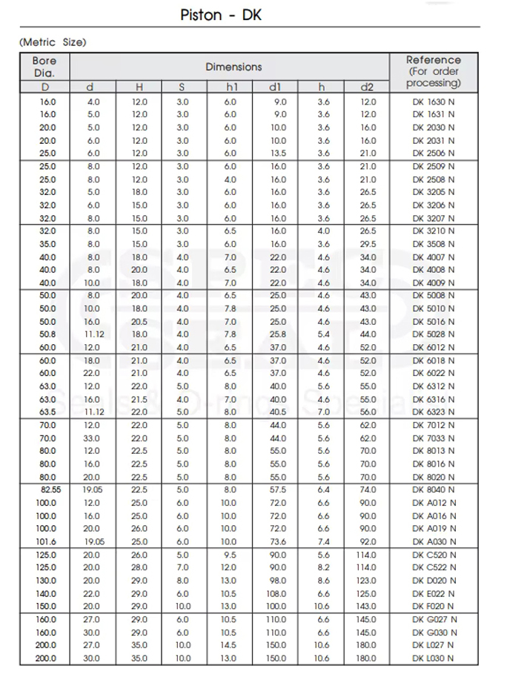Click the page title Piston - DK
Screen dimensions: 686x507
[221, 15]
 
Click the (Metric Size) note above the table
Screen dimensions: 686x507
[53, 42]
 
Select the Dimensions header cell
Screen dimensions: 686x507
[233, 67]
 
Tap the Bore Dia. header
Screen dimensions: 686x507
[44, 66]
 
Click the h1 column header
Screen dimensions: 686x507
[231, 88]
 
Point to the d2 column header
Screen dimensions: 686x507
[368, 88]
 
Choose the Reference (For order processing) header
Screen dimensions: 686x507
[434, 71]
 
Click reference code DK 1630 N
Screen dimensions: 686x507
[434, 102]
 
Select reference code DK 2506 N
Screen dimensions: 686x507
[434, 154]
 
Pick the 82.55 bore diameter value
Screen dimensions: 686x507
[47, 489]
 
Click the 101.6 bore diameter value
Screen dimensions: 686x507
[47, 541]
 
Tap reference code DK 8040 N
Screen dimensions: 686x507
[434, 489]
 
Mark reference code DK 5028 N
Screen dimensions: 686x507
[434, 334]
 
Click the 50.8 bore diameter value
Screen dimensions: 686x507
[47, 334]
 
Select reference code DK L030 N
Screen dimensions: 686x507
[434, 658]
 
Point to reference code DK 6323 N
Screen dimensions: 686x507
[434, 412]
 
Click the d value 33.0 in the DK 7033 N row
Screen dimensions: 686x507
[91, 438]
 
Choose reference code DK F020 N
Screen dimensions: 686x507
[434, 606]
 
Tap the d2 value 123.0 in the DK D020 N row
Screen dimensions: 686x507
[368, 580]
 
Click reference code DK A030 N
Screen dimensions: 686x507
[434, 541]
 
